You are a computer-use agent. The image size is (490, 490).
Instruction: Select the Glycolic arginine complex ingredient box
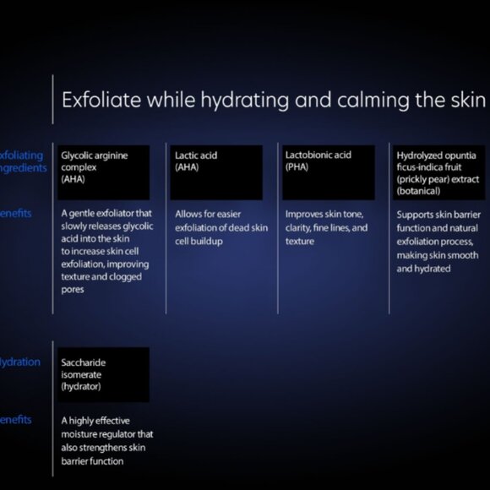click(104, 171)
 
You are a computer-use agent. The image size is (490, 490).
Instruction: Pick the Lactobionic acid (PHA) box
click(327, 171)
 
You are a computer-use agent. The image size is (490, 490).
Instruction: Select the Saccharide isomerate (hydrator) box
click(104, 374)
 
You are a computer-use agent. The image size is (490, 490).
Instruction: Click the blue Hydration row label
click(19, 362)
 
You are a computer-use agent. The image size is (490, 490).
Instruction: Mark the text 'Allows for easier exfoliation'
click(220, 228)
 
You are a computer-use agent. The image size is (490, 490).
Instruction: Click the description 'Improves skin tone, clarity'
click(326, 227)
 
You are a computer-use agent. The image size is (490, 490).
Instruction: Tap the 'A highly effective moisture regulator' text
click(106, 440)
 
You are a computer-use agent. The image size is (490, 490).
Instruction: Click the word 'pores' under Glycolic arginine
click(73, 290)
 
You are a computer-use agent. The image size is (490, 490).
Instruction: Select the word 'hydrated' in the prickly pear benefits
click(433, 269)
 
